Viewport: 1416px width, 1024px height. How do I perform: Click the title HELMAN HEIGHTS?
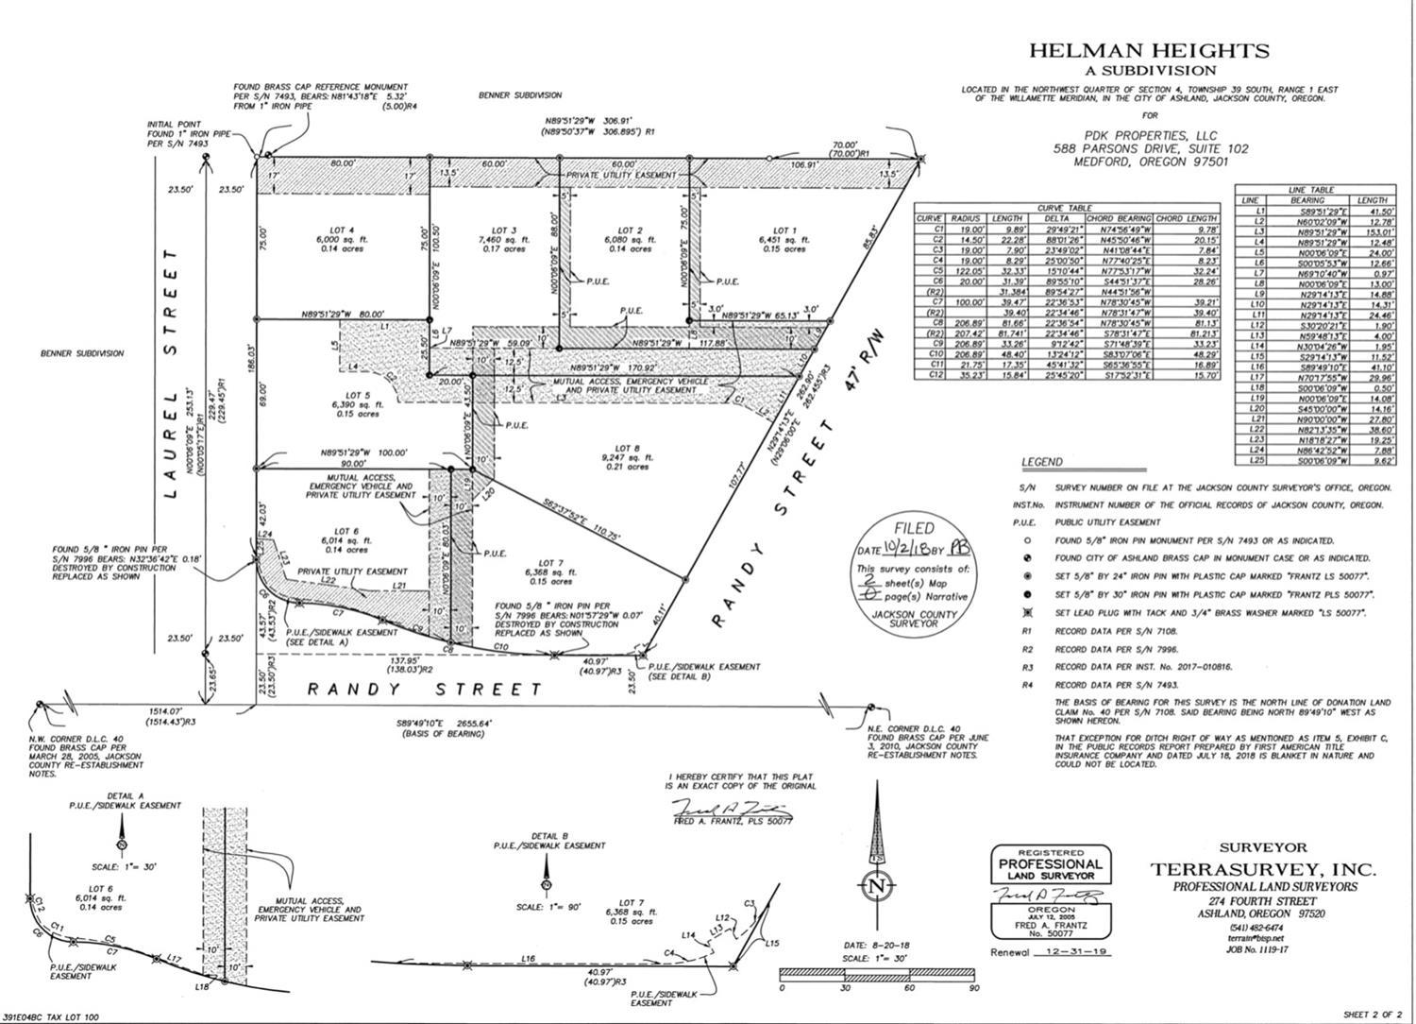coord(1149,51)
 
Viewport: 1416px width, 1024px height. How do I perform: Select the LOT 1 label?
coord(783,230)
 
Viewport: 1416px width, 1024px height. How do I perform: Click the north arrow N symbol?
coord(877,886)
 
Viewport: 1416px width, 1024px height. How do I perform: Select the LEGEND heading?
coord(1042,462)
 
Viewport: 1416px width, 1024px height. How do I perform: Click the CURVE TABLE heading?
coord(1064,208)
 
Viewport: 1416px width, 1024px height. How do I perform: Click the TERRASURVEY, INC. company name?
coord(1262,869)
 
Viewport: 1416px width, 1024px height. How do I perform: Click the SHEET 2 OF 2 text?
coord(1373,1014)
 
